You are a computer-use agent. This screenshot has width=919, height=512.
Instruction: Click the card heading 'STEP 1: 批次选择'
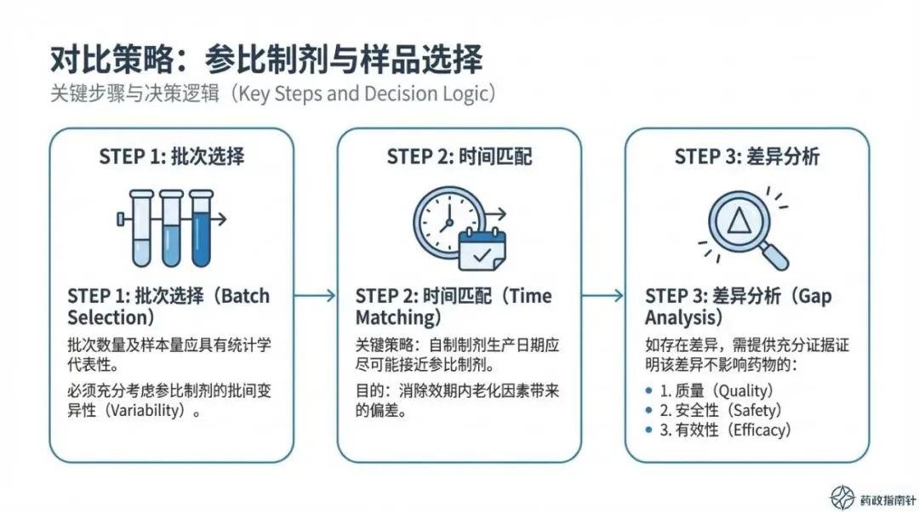(172, 156)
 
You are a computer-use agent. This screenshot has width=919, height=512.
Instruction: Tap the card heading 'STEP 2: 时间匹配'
(459, 156)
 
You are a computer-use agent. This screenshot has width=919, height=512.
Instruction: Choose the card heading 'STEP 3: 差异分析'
(747, 156)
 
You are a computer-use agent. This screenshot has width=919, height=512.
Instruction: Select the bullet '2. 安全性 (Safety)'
(721, 410)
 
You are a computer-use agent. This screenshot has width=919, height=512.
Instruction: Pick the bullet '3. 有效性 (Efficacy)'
(726, 430)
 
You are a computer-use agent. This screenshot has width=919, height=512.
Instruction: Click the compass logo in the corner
(842, 498)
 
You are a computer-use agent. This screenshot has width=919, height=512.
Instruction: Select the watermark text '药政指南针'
(887, 499)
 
